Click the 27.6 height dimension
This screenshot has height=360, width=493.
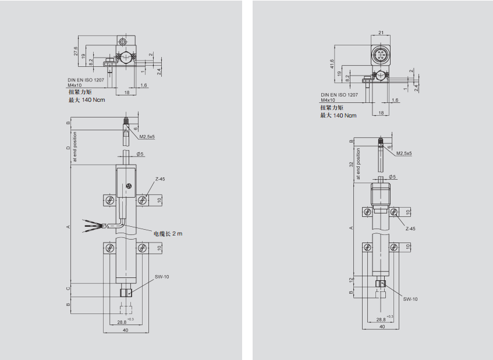76,52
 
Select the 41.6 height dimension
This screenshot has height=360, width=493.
332,64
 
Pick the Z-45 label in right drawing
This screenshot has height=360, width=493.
410,229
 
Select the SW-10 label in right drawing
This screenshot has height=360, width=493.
411,299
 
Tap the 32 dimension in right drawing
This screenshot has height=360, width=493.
351,165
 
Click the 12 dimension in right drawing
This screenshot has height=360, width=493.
351,280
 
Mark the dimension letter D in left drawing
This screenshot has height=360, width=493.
68,148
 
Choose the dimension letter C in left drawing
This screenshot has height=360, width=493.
68,288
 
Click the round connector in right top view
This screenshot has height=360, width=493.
380,56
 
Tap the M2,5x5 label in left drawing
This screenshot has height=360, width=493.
147,137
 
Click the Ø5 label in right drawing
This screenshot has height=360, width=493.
392,177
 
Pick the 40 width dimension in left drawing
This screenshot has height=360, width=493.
125,330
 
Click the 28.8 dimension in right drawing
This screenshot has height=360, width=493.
381,320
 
